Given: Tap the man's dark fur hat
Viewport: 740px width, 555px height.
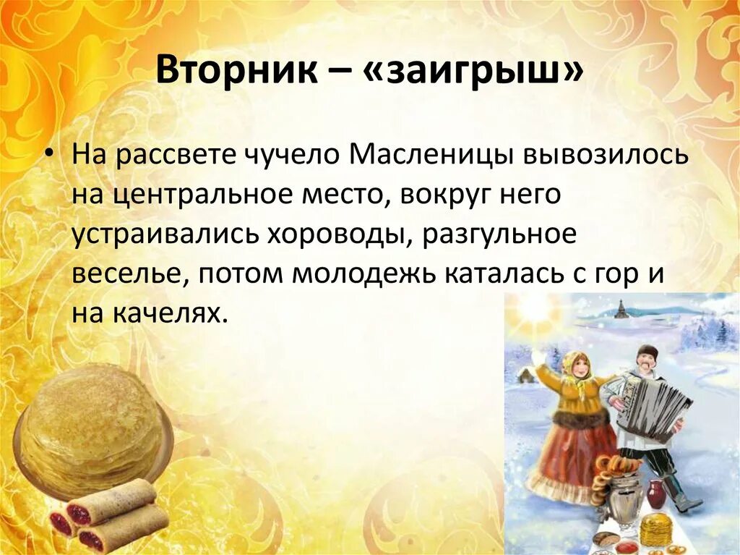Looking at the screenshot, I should pyautogui.click(x=647, y=352).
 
